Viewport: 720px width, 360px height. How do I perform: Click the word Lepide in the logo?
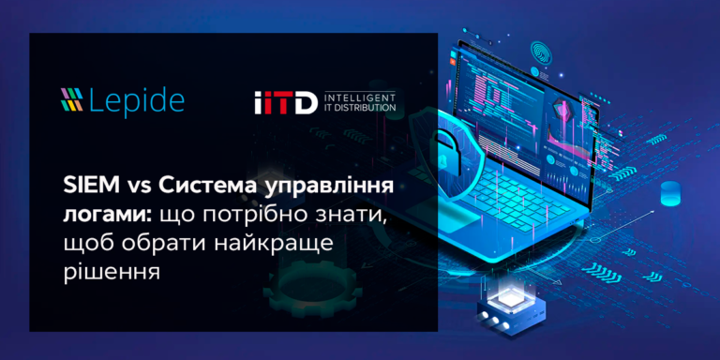click(x=137, y=101)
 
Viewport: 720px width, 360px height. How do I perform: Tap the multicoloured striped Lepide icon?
click(x=71, y=99)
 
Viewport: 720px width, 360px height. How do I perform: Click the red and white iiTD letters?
click(x=286, y=102)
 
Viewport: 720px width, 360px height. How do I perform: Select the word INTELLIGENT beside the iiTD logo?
click(x=360, y=97)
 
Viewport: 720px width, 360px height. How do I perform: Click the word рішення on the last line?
click(x=112, y=273)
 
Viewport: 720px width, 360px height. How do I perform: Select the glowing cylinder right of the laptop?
click(x=670, y=193)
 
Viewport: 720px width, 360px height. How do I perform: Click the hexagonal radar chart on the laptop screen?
click(x=562, y=112)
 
